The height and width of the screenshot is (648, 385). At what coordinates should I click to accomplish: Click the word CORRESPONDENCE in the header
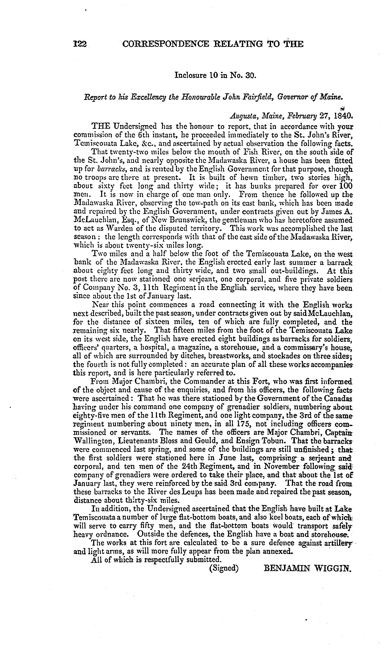click(165, 44)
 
